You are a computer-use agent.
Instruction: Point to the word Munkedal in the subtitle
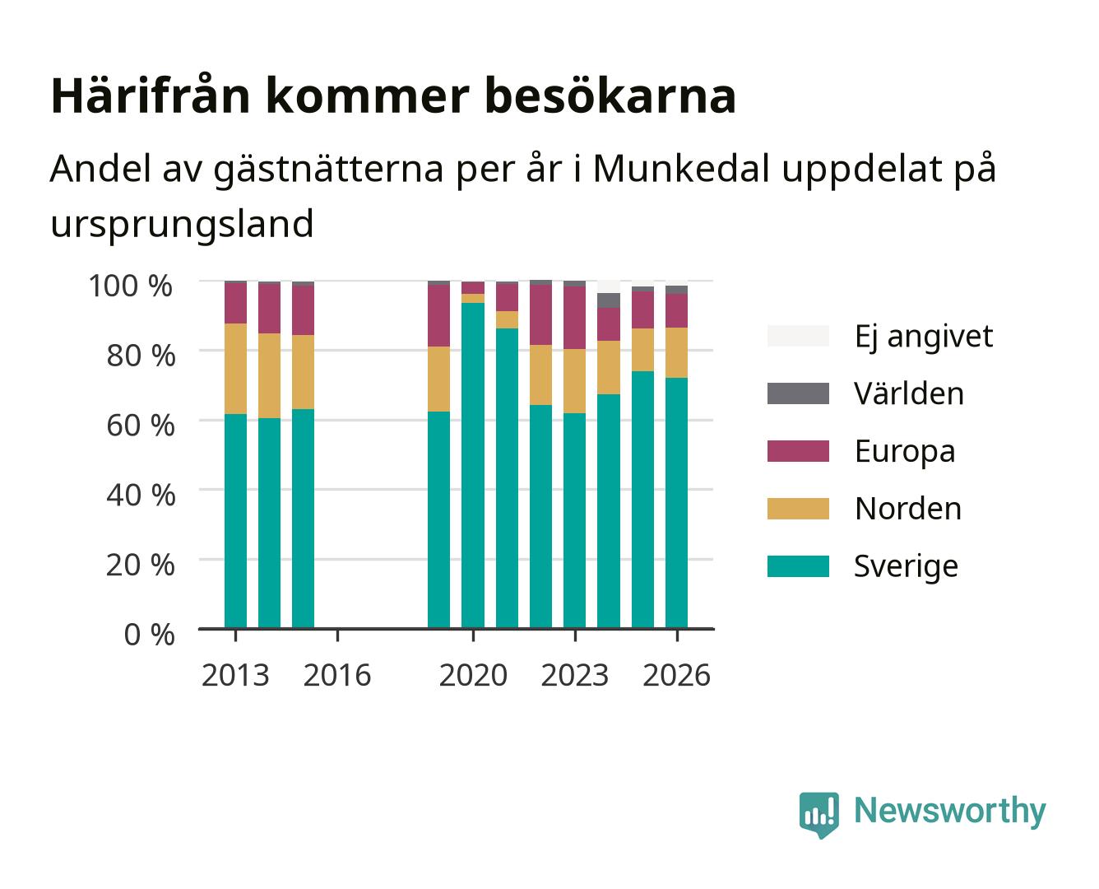click(680, 168)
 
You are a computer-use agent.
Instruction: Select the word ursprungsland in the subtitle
click(182, 224)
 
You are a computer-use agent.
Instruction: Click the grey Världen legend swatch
click(798, 393)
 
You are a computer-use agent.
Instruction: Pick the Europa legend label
click(905, 452)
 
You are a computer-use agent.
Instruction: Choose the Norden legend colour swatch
click(798, 509)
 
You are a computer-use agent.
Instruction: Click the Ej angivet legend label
click(924, 337)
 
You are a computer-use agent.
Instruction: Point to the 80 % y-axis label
click(141, 356)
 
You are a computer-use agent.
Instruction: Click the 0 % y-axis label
click(149, 635)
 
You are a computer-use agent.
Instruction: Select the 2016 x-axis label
click(337, 675)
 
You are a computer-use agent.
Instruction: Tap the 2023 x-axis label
click(575, 675)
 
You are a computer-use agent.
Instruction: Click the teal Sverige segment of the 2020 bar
click(473, 465)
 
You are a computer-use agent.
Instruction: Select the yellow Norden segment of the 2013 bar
click(235, 369)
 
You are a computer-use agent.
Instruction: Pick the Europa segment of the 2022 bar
click(540, 314)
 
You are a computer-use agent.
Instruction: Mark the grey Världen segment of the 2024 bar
click(609, 300)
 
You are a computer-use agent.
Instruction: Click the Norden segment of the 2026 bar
click(676, 352)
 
